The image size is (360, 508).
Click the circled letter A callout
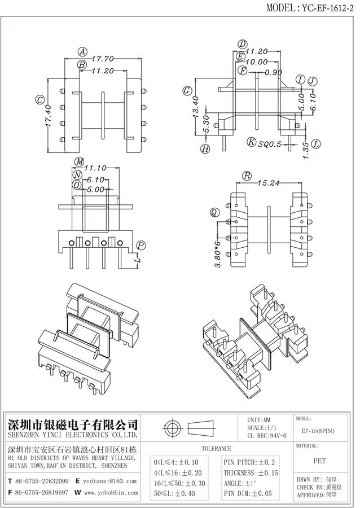tap(82, 51)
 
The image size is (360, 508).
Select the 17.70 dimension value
tap(103, 58)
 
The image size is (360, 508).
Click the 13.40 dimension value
tap(196, 107)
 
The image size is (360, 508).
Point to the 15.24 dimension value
tap(270, 183)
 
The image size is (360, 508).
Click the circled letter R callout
tap(247, 176)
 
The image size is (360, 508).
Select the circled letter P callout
tap(142, 245)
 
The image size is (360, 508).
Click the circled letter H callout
tap(205, 149)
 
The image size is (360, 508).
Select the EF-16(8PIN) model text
tap(318, 431)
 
